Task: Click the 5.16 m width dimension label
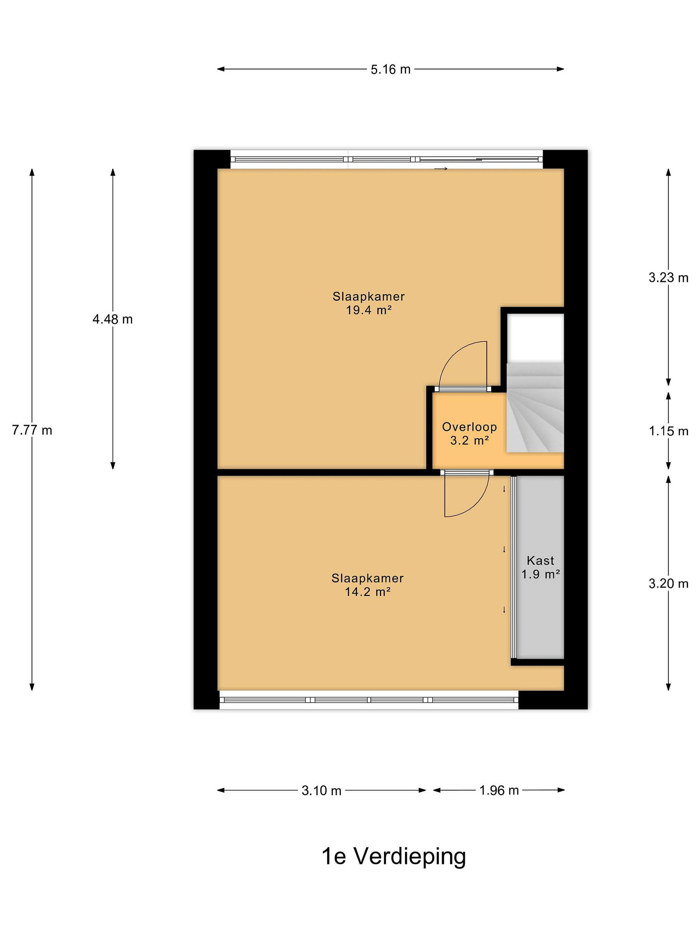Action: pyautogui.click(x=390, y=69)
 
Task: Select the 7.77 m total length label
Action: pyautogui.click(x=32, y=430)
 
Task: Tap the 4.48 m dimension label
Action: pyautogui.click(x=113, y=319)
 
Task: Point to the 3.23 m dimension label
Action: pyautogui.click(x=668, y=278)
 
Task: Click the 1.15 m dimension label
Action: pyautogui.click(x=668, y=431)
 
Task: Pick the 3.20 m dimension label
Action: pyautogui.click(x=668, y=584)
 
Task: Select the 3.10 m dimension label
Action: pyautogui.click(x=321, y=790)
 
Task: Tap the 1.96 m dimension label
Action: pyautogui.click(x=499, y=790)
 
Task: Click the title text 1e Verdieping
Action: pyautogui.click(x=394, y=858)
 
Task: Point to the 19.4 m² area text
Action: pyautogui.click(x=369, y=310)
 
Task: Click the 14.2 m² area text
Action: pyautogui.click(x=367, y=592)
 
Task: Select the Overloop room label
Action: pyautogui.click(x=469, y=427)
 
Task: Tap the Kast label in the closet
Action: pyautogui.click(x=541, y=560)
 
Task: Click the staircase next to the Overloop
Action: pyautogui.click(x=535, y=408)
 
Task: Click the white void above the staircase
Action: pyautogui.click(x=535, y=338)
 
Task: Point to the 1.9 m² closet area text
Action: pyautogui.click(x=541, y=574)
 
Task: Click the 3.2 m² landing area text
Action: pyautogui.click(x=469, y=441)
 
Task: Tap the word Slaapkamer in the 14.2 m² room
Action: pyautogui.click(x=367, y=578)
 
